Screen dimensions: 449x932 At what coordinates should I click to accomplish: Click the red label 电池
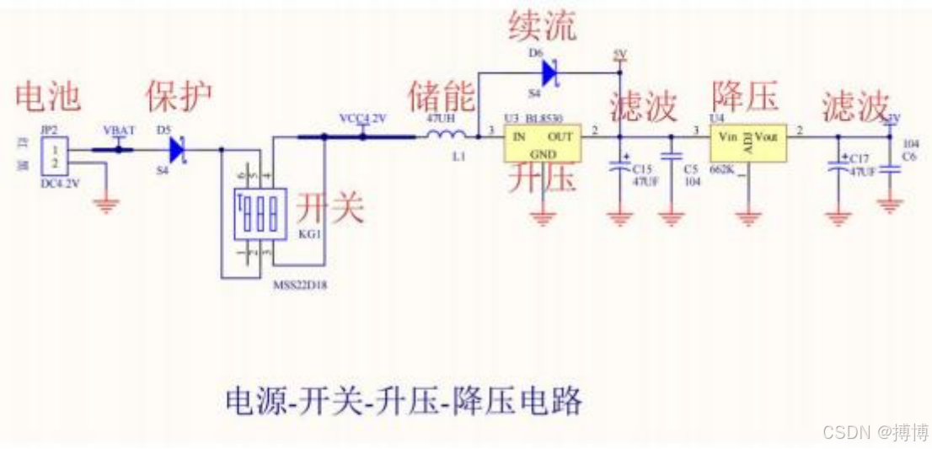48,97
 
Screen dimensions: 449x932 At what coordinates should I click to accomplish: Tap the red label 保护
179,97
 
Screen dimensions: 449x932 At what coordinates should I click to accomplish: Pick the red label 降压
744,95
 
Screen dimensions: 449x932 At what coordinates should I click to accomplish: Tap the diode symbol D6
550,74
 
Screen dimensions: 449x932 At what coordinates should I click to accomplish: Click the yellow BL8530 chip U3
543,143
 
